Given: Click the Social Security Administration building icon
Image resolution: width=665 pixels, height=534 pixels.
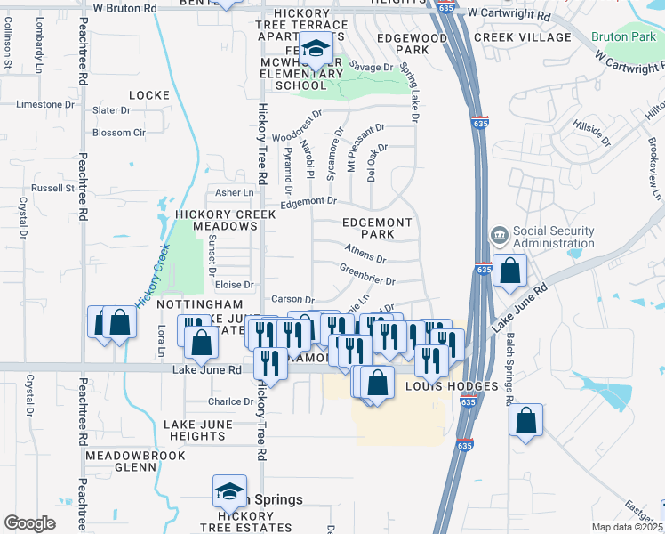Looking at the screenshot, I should [499, 237].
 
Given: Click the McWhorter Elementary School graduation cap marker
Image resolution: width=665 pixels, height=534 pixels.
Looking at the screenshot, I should [314, 51].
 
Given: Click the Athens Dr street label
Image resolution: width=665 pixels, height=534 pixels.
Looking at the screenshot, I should [365, 254].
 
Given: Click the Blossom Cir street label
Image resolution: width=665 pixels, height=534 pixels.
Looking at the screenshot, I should [119, 133].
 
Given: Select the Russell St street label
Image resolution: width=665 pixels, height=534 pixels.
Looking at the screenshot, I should [53, 189].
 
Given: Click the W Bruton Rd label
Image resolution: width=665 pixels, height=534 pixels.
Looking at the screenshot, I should [125, 8].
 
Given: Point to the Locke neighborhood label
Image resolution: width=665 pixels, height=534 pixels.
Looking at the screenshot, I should [148, 95].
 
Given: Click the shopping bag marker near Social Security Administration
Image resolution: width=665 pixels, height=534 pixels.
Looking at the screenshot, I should [510, 271].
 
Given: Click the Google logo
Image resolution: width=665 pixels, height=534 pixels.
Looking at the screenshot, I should [29, 523].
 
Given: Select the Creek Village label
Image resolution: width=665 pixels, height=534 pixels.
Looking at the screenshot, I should [522, 37].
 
